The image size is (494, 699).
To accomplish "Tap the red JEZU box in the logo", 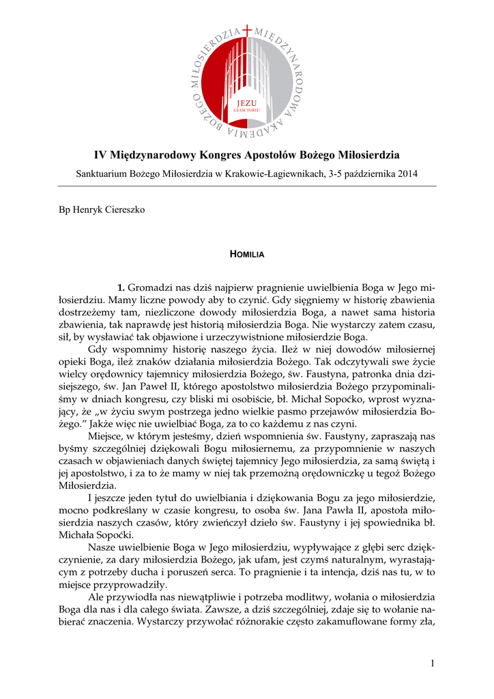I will (x=247, y=104).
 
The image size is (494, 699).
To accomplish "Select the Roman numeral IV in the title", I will (x=100, y=155).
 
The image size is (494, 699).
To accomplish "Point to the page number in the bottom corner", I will (x=433, y=663).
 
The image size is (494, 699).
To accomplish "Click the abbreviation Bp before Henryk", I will (x=65, y=209).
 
